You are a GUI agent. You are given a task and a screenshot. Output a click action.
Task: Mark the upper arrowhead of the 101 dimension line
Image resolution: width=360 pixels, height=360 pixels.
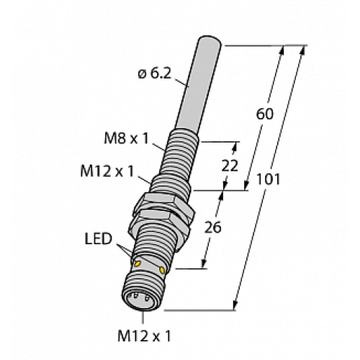tap(303, 49)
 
